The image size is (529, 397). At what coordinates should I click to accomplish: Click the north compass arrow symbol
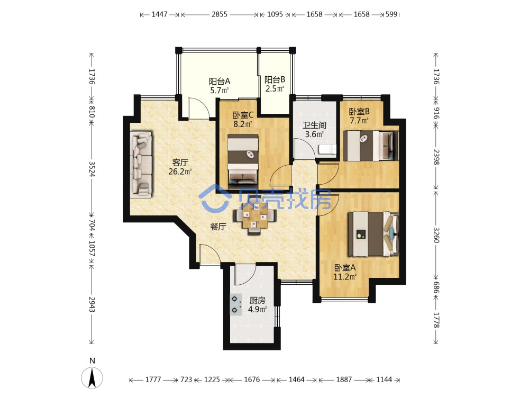click(x=92, y=377)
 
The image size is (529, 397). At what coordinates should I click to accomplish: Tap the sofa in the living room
click(x=141, y=165)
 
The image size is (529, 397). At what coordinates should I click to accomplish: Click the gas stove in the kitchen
click(x=236, y=304)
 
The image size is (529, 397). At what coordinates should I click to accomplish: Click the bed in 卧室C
click(x=243, y=161)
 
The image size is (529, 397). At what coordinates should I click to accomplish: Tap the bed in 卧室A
click(x=373, y=234)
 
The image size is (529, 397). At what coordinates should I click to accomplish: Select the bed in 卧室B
click(x=371, y=146)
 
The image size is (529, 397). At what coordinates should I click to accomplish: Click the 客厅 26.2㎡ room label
click(x=180, y=167)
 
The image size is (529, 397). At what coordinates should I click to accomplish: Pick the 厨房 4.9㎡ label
click(x=258, y=305)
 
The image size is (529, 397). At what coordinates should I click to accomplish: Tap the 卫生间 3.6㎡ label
click(x=314, y=130)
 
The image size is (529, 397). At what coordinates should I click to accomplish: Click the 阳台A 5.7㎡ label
click(x=220, y=86)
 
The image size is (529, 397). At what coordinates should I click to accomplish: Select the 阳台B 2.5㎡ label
click(x=275, y=84)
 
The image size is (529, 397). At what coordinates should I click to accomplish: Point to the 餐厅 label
click(x=218, y=227)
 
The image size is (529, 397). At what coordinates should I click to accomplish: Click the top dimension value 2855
click(x=220, y=14)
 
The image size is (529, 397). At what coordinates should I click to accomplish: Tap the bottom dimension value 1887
click(x=344, y=380)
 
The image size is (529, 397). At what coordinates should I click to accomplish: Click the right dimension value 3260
click(x=436, y=235)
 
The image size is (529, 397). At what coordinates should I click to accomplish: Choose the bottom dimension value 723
click(x=186, y=380)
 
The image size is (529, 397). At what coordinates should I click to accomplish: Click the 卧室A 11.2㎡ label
click(x=345, y=272)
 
